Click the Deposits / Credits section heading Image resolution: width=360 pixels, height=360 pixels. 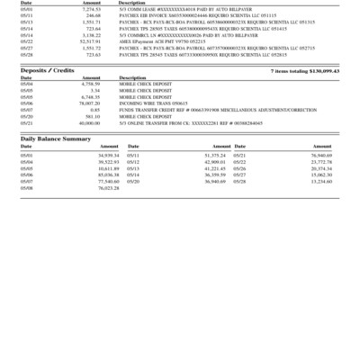tap(48, 70)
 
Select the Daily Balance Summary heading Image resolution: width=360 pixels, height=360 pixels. tap(56, 139)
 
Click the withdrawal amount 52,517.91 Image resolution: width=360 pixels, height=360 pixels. tap(90, 41)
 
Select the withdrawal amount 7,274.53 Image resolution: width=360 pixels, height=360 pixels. tap(90, 9)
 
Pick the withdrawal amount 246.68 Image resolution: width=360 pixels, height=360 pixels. tap(94, 15)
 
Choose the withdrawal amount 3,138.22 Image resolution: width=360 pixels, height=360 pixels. tap(91, 34)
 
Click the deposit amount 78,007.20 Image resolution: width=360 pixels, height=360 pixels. tap(89, 103)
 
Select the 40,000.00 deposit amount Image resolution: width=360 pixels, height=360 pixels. tap(89, 122)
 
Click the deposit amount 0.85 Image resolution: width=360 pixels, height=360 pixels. tap(95, 110)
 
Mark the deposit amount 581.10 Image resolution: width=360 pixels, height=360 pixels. tap(93, 116)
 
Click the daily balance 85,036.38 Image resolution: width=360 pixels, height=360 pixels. tap(108, 175)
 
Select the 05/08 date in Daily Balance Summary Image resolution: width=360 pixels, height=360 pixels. tap(27, 187)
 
